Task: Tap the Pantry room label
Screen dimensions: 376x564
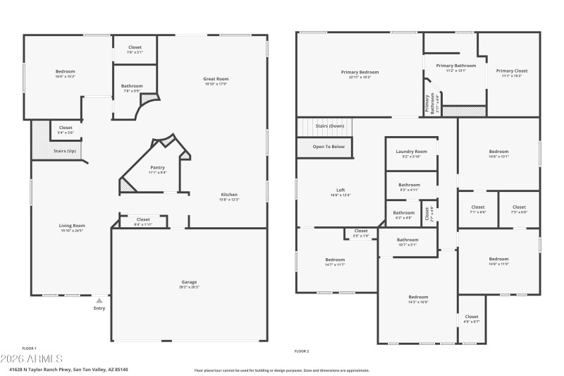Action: coord(157,167)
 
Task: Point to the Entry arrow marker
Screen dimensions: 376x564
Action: coord(99,301)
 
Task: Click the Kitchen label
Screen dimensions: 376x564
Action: coord(230,195)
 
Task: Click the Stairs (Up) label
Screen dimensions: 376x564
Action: coord(65,151)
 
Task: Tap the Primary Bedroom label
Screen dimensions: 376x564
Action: coord(360,72)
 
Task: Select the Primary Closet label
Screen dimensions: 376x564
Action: coord(511,71)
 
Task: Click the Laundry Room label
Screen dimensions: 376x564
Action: coord(411,152)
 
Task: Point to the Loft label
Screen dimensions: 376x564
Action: coord(341,190)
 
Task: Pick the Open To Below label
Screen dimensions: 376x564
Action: coord(329,147)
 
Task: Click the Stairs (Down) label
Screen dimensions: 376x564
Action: coord(329,126)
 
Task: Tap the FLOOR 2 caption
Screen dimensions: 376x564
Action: coord(302,351)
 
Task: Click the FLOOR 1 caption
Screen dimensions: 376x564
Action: coord(29,348)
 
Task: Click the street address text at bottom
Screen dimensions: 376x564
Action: coord(68,369)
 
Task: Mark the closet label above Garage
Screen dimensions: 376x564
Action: coord(143,219)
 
